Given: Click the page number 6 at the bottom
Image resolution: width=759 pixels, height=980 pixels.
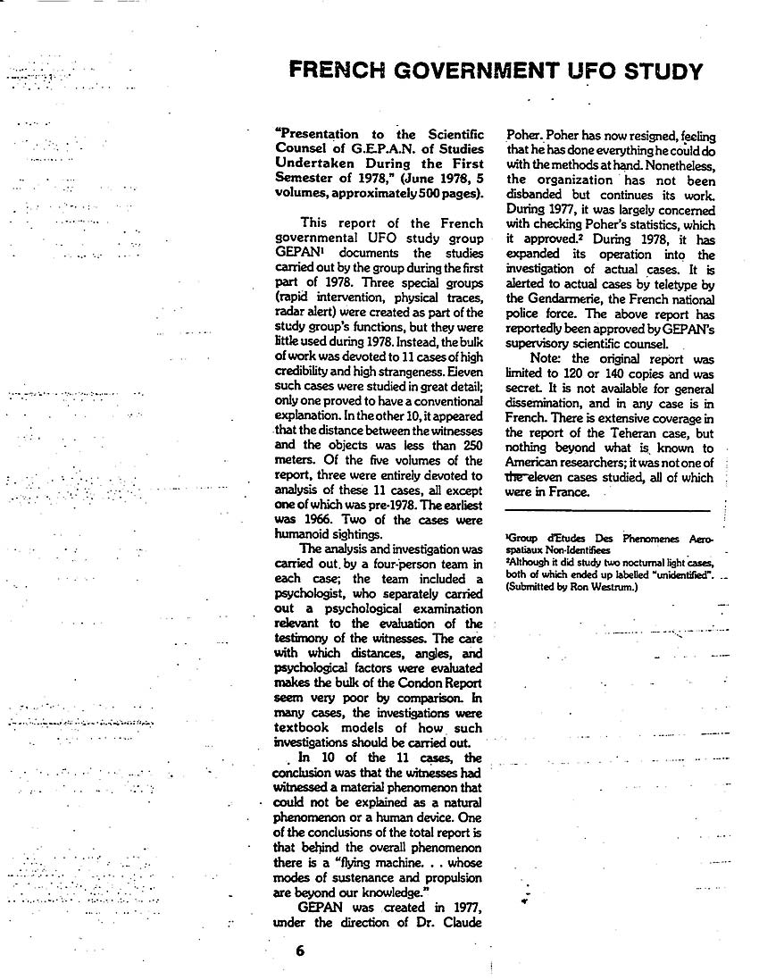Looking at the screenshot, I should tap(300, 951).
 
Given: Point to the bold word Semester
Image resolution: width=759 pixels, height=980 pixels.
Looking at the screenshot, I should tap(308, 178).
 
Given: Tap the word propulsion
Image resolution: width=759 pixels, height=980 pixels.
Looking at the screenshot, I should tap(450, 877).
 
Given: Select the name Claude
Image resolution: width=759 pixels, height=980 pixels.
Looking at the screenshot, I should tap(463, 922).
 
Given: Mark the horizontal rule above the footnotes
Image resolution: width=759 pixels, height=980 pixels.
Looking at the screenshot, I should tap(607, 511).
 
